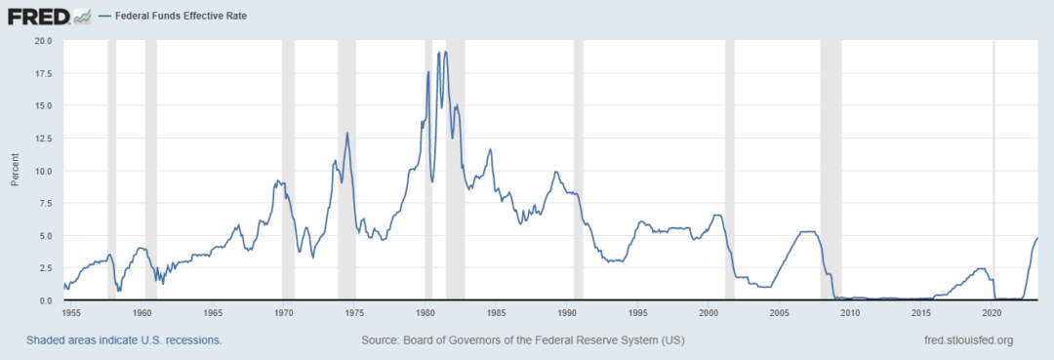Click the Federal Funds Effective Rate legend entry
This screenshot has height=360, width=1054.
(x=181, y=17)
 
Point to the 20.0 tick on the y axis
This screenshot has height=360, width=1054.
(x=43, y=41)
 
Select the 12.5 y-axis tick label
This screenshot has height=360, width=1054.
(x=43, y=139)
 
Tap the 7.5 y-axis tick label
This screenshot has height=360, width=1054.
(x=46, y=203)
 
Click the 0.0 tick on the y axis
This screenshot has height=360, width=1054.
(x=46, y=300)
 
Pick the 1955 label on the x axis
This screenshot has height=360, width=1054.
(x=70, y=313)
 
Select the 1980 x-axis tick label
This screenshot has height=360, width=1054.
(x=425, y=313)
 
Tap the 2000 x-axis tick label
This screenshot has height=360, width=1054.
(x=709, y=313)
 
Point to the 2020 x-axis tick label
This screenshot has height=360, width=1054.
(x=993, y=313)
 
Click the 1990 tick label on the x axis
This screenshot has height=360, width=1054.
(x=567, y=313)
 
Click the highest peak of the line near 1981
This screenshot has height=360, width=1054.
(x=446, y=52)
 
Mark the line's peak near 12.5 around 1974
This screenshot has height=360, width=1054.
(x=347, y=133)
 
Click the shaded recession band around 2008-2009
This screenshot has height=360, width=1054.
(x=831, y=171)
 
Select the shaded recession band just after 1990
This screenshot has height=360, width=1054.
(x=578, y=171)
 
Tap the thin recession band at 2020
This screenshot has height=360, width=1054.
(x=993, y=171)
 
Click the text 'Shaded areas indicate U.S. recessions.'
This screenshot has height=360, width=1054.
(x=124, y=340)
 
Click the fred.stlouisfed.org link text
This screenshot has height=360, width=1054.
(x=968, y=340)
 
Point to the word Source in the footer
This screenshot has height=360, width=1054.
(x=382, y=340)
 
